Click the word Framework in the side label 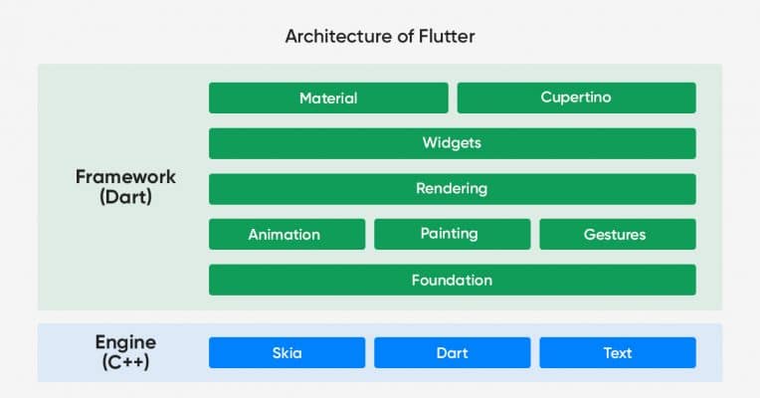coord(125,176)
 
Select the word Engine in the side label coord(125,342)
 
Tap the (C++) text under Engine coord(125,362)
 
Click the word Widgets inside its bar coord(452,143)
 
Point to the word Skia coord(286,352)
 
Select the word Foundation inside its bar coord(452,280)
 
